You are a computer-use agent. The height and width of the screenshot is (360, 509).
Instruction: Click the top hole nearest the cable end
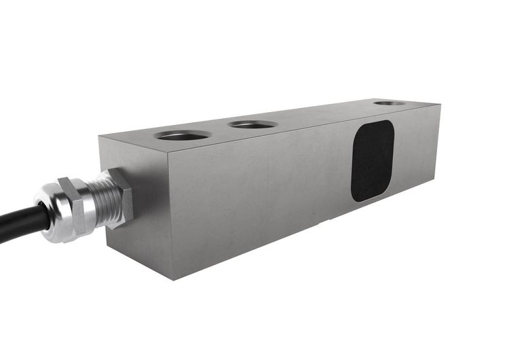(183, 134)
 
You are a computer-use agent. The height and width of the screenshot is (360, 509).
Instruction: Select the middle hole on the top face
(252, 124)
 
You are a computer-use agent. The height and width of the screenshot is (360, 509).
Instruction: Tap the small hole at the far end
(390, 103)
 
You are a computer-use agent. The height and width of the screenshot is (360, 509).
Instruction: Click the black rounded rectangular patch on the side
(373, 161)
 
